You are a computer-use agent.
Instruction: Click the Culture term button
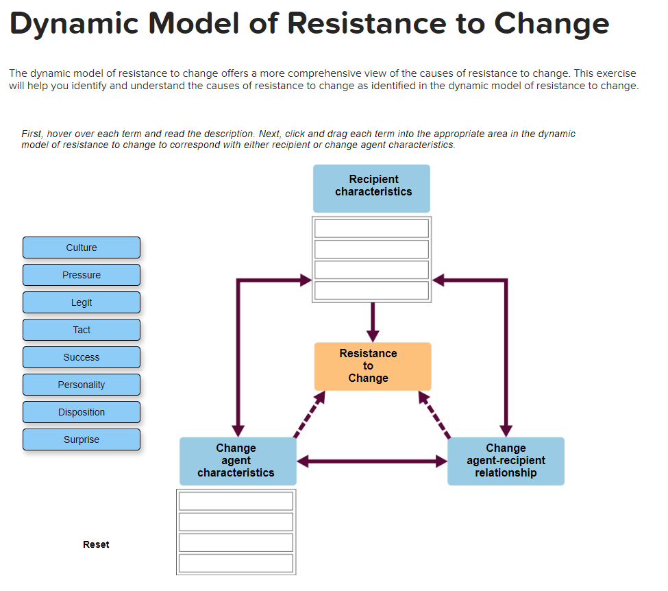[82, 248]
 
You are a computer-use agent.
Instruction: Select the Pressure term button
[82, 275]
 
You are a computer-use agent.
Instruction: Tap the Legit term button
[82, 302]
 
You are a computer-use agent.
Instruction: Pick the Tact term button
[82, 330]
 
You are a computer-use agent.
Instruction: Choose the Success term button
[82, 357]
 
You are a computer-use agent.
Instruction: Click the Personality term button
[82, 385]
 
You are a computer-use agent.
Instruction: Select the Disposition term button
[82, 412]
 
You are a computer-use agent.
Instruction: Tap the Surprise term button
[82, 439]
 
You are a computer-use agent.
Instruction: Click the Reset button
[96, 544]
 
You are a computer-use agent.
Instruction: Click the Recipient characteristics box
[372, 188]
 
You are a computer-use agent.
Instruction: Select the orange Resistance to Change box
[373, 366]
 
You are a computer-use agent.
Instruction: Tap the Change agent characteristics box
[238, 461]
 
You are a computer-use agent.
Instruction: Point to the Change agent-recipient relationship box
[506, 461]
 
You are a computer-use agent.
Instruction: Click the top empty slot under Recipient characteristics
[372, 228]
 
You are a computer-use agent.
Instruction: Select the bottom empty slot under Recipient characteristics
[372, 291]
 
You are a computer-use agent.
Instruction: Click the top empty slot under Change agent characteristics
[236, 501]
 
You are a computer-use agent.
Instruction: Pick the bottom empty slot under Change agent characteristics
[236, 564]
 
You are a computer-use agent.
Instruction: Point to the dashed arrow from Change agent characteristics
[308, 413]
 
